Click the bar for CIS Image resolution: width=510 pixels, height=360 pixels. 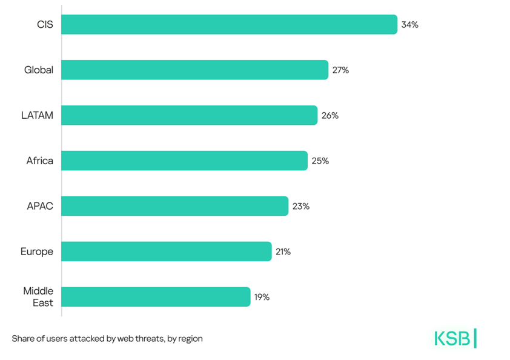[229, 25]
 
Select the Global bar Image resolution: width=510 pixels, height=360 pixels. [194, 70]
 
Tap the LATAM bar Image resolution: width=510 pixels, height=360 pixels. [189, 115]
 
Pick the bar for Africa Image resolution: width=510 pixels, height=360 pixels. [184, 161]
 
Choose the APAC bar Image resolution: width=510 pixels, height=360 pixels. [174, 206]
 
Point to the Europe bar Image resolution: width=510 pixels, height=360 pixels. [166, 252]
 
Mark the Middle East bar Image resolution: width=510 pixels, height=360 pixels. [156, 297]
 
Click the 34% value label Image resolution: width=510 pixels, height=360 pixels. [409, 25]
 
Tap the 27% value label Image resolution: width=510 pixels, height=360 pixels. [340, 70]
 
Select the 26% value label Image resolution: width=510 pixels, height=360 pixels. [330, 115]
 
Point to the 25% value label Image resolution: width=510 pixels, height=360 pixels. [320, 161]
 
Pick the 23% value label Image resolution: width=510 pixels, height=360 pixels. [301, 206]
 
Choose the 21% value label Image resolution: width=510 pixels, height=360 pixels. [283, 252]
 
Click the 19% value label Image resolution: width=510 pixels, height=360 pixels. [262, 297]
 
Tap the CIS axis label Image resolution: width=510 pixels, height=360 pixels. [45, 25]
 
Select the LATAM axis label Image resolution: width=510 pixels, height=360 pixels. [37, 115]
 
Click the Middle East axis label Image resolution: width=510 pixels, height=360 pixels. [39, 297]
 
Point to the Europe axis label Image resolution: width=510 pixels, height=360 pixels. [37, 252]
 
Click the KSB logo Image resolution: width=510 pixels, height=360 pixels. [455, 338]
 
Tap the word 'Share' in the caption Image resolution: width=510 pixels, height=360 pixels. [23, 339]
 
